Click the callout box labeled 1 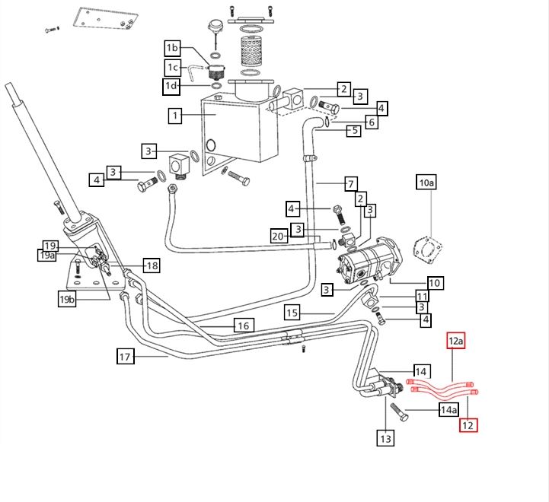click(x=176, y=116)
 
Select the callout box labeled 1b click(x=173, y=49)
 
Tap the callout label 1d click(x=172, y=86)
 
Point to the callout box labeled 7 click(x=350, y=183)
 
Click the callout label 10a click(x=426, y=183)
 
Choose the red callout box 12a click(x=455, y=342)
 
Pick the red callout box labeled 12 click(x=468, y=425)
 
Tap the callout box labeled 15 click(x=294, y=313)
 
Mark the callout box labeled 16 click(x=242, y=326)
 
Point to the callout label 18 click(x=152, y=265)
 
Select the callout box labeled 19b click(x=68, y=300)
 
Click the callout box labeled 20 click(x=278, y=237)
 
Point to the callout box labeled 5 click(x=353, y=131)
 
